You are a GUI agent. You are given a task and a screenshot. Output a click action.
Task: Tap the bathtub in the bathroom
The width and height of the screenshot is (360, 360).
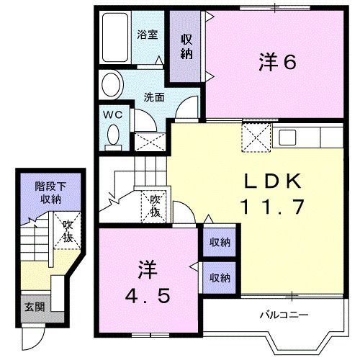[x=115, y=37]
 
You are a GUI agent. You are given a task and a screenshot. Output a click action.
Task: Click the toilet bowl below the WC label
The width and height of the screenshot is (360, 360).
[x=112, y=134]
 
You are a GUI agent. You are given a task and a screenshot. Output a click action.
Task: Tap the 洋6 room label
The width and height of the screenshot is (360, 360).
[x=277, y=63]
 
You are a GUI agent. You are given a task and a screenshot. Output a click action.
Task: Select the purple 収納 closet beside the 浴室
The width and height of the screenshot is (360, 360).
[x=186, y=47]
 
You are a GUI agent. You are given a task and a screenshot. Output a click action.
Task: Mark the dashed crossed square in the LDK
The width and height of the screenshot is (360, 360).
[x=255, y=138]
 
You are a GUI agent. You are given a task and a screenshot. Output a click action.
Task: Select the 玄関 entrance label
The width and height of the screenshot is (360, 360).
[x=35, y=307]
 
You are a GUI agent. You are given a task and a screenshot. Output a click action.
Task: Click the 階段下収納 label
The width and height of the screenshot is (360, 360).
[x=48, y=192]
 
